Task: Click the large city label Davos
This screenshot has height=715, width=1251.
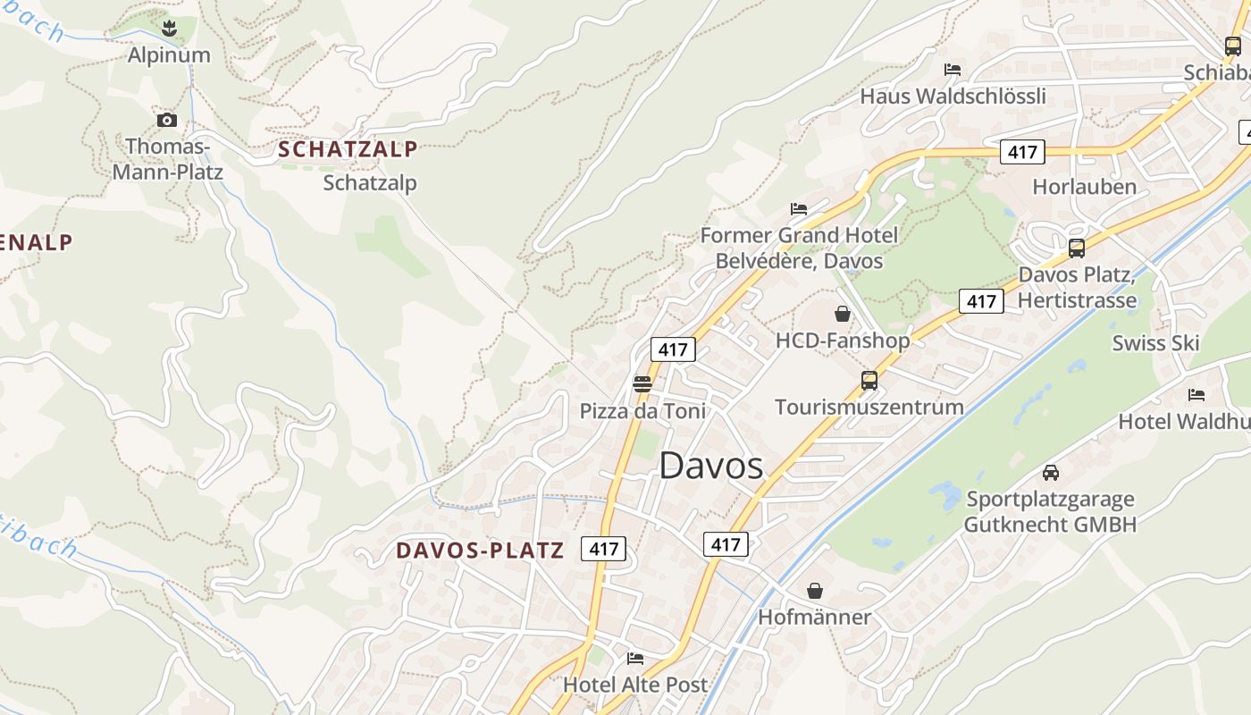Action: [711, 466]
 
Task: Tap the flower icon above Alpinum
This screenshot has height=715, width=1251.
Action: [169, 29]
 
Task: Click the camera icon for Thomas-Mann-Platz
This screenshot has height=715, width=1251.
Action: [166, 120]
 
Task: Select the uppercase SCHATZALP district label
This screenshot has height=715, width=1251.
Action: [348, 149]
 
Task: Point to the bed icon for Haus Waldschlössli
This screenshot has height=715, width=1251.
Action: [953, 70]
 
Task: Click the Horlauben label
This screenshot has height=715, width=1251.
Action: [1084, 187]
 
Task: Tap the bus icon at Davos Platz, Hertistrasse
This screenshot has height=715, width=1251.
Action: [1077, 248]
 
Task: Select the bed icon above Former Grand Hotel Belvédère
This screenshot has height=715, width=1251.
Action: [799, 209]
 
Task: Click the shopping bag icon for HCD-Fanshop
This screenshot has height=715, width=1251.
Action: [842, 314]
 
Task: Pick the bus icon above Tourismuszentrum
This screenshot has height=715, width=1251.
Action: [869, 381]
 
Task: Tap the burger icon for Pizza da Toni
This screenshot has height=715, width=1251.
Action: [642, 384]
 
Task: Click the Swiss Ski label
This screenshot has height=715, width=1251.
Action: [1155, 343]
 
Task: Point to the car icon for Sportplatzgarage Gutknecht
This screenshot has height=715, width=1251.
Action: [1050, 472]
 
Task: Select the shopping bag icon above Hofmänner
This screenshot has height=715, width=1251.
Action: [814, 591]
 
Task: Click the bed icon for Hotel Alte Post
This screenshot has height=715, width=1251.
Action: [634, 659]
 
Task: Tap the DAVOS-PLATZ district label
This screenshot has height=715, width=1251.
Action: [480, 551]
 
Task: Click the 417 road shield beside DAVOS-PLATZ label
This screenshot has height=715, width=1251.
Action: [603, 549]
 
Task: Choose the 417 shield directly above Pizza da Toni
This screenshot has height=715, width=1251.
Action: [672, 349]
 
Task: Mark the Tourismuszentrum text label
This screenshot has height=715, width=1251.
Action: [869, 408]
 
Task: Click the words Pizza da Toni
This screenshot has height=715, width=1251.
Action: [642, 411]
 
